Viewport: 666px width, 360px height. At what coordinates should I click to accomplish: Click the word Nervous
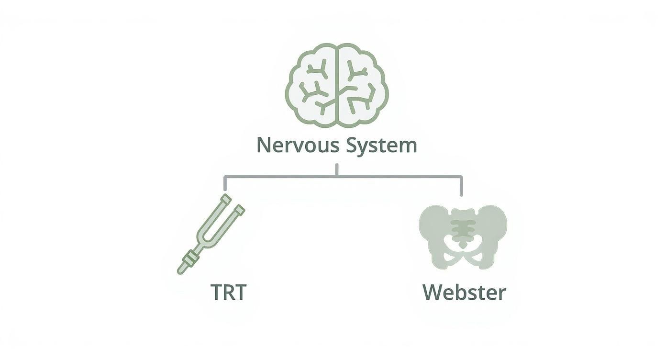pyautogui.click(x=292, y=145)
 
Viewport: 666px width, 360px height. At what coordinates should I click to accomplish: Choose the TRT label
pyautogui.click(x=229, y=292)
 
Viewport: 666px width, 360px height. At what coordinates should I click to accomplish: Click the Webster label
pyautogui.click(x=464, y=292)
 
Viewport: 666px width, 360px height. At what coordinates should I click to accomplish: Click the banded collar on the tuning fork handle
pyautogui.click(x=190, y=259)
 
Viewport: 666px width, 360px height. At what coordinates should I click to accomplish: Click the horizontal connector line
pyautogui.click(x=287, y=177)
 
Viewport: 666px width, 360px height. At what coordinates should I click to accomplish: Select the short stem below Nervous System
pyautogui.click(x=337, y=170)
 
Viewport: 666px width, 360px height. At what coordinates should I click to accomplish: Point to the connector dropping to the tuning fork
pyautogui.click(x=225, y=185)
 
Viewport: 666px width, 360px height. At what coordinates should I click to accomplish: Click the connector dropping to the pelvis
pyautogui.click(x=462, y=186)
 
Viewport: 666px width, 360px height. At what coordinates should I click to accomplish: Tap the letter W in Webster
pyautogui.click(x=433, y=292)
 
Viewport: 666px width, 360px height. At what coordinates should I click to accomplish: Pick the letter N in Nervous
pyautogui.click(x=264, y=145)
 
